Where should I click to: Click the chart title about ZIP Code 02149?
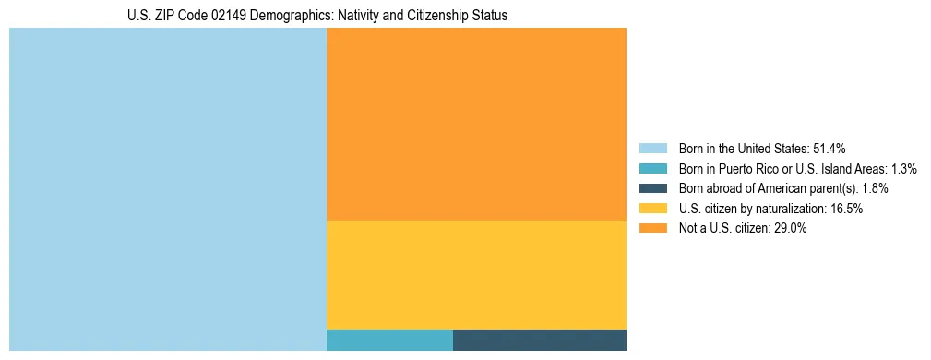point(317,16)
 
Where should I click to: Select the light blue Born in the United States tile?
point(167,189)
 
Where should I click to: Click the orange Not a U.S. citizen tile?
point(476,124)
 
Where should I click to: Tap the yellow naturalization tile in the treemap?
point(476,275)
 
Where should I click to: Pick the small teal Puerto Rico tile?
point(389,340)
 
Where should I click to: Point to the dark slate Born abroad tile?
point(540,340)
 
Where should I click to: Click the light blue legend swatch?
point(652,148)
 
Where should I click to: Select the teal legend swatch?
point(652,168)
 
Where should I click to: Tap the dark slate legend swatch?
point(652,188)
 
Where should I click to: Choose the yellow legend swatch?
point(652,209)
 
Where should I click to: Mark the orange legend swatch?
point(652,229)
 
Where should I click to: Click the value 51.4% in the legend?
point(829,148)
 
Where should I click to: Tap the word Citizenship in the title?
point(411,16)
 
